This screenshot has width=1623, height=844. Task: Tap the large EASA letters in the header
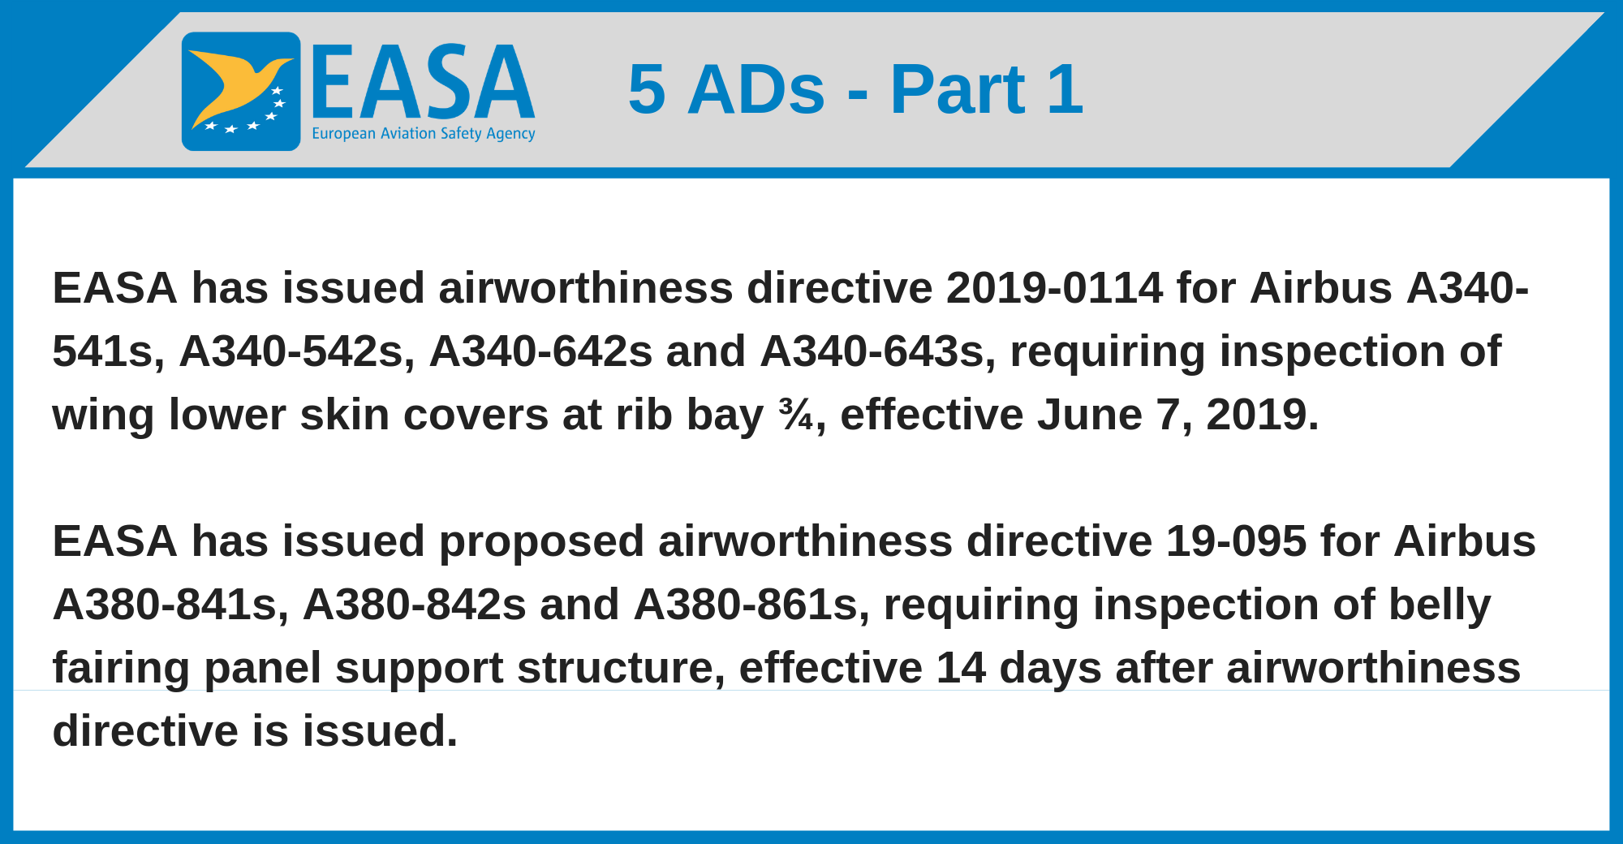click(x=423, y=82)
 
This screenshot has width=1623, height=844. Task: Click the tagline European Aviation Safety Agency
click(x=424, y=134)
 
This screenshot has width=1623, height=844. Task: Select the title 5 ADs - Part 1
click(x=855, y=89)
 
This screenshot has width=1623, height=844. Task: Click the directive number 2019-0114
click(x=1054, y=288)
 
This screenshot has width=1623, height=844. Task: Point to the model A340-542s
click(x=291, y=351)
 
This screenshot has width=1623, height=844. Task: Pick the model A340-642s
click(x=540, y=351)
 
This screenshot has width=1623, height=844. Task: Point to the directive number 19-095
click(x=1236, y=541)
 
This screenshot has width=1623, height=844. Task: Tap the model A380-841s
click(x=170, y=605)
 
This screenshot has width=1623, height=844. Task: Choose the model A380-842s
click(x=415, y=605)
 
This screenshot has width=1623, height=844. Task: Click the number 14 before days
click(x=961, y=668)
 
